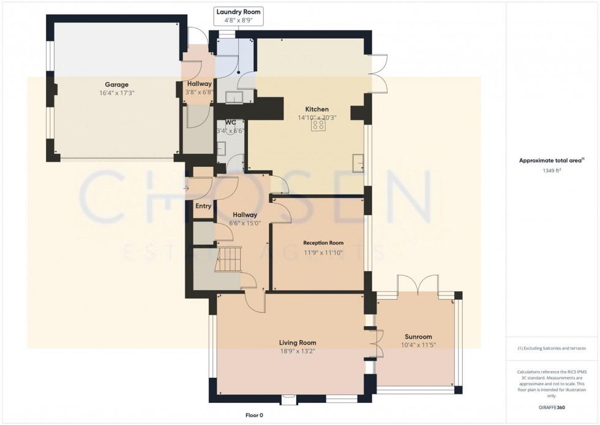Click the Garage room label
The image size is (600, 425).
coord(116,85)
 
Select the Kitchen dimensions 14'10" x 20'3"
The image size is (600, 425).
coord(317,118)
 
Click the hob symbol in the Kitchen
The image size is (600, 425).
coord(318,126)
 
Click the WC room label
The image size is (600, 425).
coord(230,123)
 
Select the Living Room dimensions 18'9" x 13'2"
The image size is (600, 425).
coord(298,351)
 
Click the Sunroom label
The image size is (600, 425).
coord(418,337)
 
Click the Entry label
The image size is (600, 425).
coord(203,207)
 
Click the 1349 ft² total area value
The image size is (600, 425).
coord(549,172)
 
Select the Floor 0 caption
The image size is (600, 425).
coord(254,415)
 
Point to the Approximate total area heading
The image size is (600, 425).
coord(549,161)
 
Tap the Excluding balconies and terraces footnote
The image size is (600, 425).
coord(552,348)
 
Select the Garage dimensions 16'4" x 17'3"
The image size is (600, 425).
coord(116,93)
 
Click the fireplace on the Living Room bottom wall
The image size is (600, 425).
coord(287,400)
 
